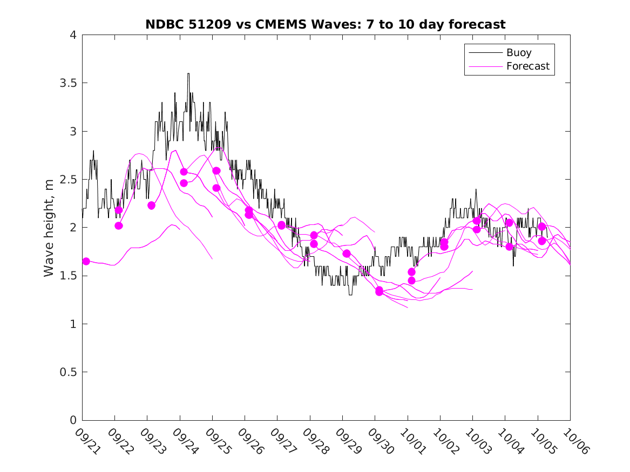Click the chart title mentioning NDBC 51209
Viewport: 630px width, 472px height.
[x=325, y=24]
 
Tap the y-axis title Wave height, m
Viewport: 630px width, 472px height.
[x=49, y=228]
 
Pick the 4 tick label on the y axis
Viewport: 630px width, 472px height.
[x=72, y=35]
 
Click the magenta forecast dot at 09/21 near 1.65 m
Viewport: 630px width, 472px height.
[x=86, y=261]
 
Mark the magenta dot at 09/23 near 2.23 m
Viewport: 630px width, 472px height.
[x=151, y=206]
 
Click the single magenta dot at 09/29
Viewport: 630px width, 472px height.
[x=347, y=254]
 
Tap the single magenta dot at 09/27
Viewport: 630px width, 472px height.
[x=281, y=225]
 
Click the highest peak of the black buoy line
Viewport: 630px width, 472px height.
[x=188, y=74]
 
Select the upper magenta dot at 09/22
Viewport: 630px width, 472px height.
[x=119, y=210]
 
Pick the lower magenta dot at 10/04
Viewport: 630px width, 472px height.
[x=509, y=247]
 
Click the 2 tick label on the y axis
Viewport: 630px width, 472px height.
[x=72, y=228]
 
